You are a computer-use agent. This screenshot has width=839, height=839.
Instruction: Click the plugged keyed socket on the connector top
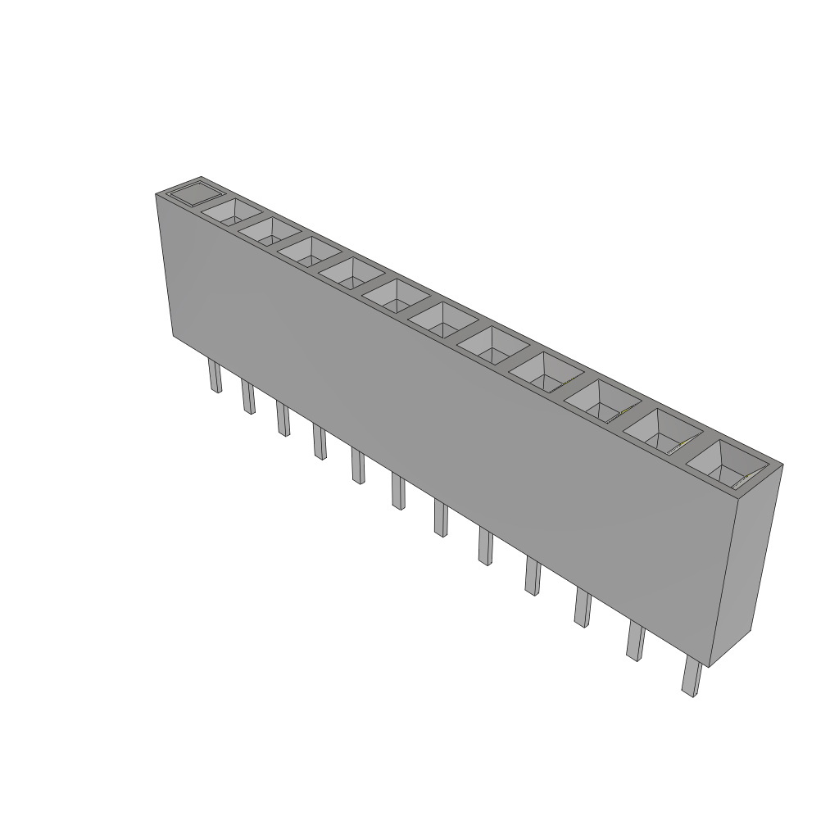(194, 194)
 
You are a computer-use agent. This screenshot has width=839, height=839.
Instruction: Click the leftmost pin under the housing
(215, 378)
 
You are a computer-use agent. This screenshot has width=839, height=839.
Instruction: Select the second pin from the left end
(247, 397)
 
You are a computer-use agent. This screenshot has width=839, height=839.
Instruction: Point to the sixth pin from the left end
(398, 492)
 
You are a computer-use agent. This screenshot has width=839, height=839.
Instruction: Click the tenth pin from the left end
(583, 608)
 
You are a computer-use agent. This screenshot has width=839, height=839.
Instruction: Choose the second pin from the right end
(635, 641)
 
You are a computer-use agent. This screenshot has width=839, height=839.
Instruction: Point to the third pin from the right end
(583, 608)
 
